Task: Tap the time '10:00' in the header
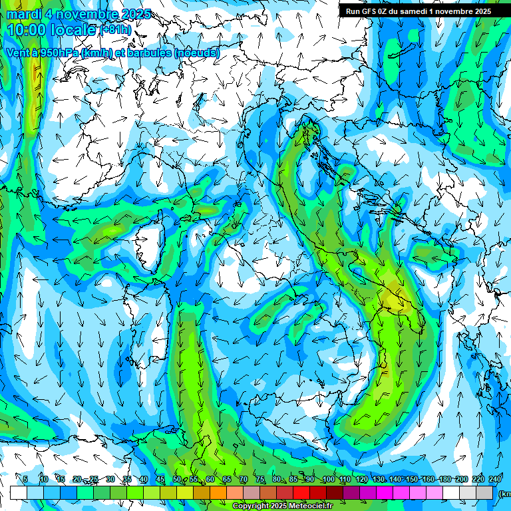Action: pyautogui.click(x=25, y=30)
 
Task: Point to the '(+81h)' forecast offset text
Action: pyautogui.click(x=116, y=30)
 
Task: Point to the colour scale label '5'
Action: pyautogui.click(x=25, y=479)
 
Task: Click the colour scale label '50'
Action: pyautogui.click(x=176, y=479)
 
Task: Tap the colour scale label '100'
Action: pyautogui.click(x=328, y=479)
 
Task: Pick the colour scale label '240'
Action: pyautogui.click(x=495, y=479)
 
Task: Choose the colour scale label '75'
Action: pyautogui.click(x=260, y=479)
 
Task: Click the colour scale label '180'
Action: pyautogui.click(x=445, y=479)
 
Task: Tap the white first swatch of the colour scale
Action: pyautogui.click(x=18, y=492)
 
